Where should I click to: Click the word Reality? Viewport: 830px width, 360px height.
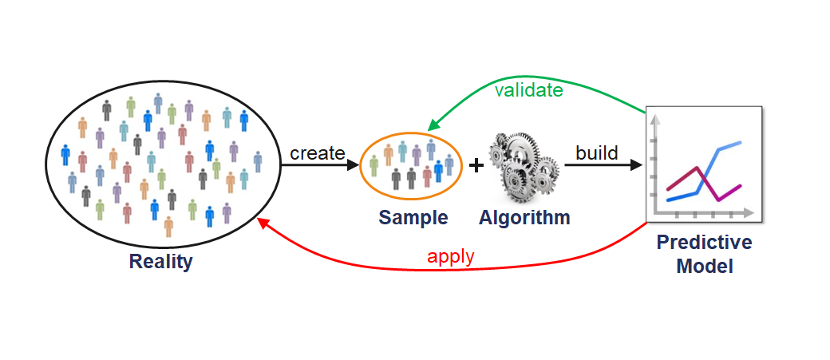coord(160,261)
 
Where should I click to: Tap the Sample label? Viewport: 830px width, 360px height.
coord(413,217)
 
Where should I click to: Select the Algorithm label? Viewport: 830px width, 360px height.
coord(524,217)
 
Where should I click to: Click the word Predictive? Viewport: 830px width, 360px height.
coord(704,242)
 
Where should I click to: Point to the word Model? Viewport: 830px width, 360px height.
coord(704,266)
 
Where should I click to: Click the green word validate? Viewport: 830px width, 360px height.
coord(528,90)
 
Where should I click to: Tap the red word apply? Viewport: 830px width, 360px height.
coord(450,256)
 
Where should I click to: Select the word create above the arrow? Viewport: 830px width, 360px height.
coord(317,152)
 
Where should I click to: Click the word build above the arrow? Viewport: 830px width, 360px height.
coord(597,152)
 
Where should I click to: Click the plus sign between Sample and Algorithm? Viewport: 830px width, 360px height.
coord(476,165)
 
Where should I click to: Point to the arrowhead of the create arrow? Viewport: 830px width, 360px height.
coord(352,165)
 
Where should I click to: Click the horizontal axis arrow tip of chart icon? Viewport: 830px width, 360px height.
coord(750,214)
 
